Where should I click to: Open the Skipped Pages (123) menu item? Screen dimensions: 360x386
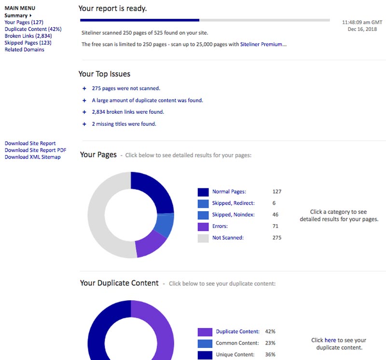tap(28, 43)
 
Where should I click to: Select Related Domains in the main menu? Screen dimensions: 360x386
tap(24, 50)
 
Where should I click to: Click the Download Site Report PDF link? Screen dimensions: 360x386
tap(35, 150)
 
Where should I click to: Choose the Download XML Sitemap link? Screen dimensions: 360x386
tap(32, 157)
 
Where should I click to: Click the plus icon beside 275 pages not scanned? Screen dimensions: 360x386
tap(84, 88)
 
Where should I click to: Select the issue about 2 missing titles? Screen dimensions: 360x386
tap(124, 124)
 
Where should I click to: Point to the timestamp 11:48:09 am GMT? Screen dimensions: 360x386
tap(361, 22)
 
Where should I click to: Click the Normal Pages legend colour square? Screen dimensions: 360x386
tap(203, 192)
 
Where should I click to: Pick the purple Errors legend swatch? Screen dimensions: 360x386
tap(203, 226)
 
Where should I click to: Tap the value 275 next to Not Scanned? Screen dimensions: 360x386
tap(276, 238)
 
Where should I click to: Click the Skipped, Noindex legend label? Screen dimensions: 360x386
tap(234, 214)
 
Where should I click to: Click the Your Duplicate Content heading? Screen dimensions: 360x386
tap(119, 283)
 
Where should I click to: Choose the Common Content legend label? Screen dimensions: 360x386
tap(238, 343)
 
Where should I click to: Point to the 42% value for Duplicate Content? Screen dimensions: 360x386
tap(270, 332)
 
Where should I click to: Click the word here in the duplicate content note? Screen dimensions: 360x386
tap(330, 340)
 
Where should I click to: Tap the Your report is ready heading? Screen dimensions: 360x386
tap(112, 9)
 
